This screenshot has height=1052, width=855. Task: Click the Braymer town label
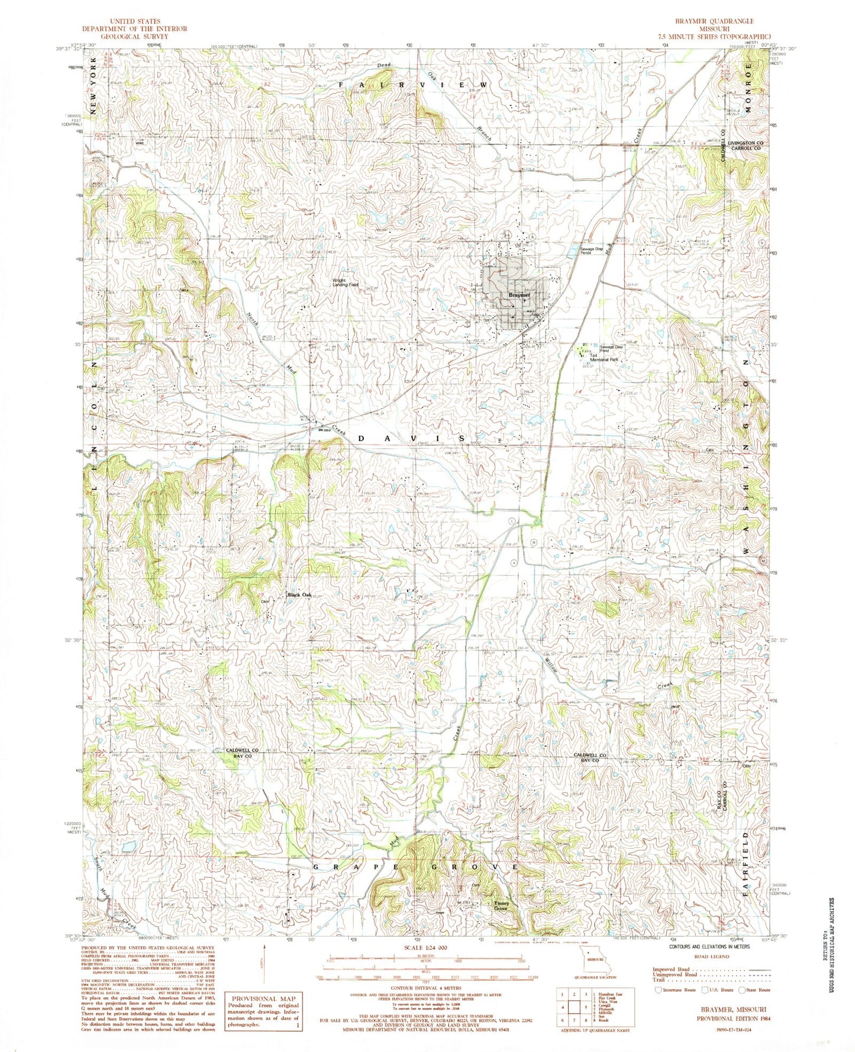pyautogui.click(x=518, y=295)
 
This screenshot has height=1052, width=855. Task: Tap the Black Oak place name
pyautogui.click(x=299, y=595)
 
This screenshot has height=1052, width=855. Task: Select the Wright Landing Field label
pyautogui.click(x=345, y=282)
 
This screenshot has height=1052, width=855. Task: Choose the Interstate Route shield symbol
pyautogui.click(x=659, y=989)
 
